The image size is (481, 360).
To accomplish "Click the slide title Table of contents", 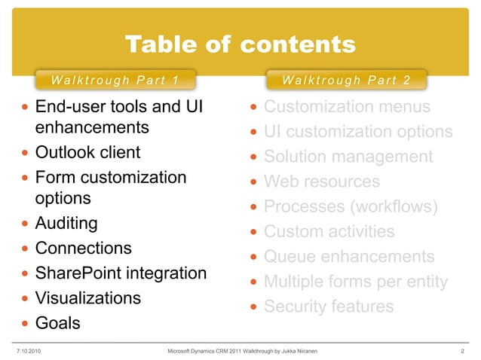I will (240, 45).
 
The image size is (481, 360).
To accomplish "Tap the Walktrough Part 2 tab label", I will (346, 80).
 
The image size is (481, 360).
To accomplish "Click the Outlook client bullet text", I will (88, 153).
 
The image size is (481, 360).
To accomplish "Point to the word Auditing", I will (67, 224).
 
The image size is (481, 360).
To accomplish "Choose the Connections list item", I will (84, 249).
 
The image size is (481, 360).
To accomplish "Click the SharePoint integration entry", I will (121, 273).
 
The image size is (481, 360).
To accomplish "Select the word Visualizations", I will (88, 298).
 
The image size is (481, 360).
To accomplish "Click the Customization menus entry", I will (347, 107).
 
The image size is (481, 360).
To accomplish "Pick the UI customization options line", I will (358, 133).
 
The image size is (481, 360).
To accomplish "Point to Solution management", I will (348, 157).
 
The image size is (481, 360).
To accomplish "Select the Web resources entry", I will (322, 182).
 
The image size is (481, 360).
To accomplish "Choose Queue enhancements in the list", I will (349, 257).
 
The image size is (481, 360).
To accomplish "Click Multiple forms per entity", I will (356, 282).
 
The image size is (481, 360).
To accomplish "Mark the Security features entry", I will (329, 307).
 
